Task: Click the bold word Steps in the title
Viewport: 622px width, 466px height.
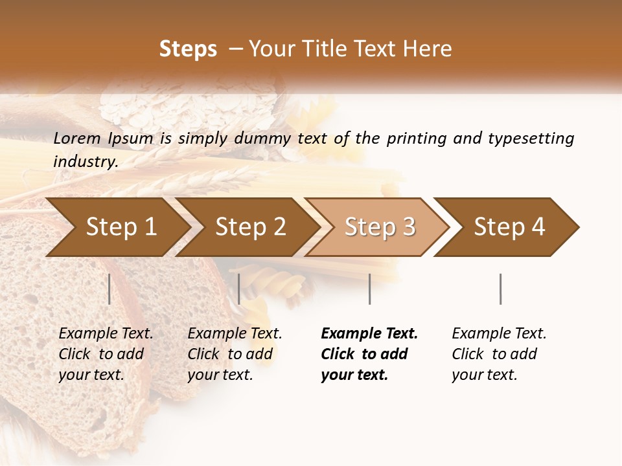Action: [x=188, y=49]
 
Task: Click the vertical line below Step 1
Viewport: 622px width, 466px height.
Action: [x=109, y=289]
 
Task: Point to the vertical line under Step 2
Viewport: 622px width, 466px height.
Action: [x=239, y=289]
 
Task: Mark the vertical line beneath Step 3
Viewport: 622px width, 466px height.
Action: [x=369, y=289]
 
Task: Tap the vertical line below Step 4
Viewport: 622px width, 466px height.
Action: [x=500, y=289]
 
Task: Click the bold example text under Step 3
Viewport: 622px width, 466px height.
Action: [x=369, y=354]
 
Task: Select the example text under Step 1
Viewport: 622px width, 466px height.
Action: [x=106, y=354]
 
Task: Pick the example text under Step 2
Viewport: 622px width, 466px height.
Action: [x=235, y=354]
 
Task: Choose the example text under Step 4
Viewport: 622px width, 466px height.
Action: [x=499, y=354]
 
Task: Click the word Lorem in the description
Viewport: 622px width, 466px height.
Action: [x=77, y=139]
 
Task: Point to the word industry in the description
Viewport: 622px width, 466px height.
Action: [x=86, y=162]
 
